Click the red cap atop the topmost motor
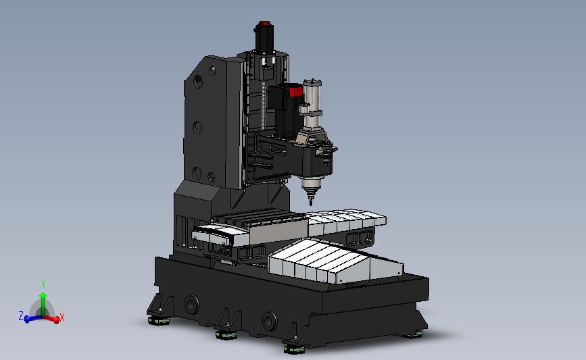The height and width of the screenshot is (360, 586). [264, 24]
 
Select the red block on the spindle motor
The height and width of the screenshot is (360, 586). [295, 91]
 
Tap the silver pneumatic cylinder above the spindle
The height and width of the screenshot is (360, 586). [312, 103]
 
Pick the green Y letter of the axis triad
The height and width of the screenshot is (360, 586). [43, 284]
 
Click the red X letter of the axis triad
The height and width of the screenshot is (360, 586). [62, 318]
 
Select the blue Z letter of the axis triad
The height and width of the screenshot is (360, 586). [21, 316]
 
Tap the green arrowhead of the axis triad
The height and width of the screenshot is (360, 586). [43, 296]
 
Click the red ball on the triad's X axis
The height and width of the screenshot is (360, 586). [56, 319]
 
